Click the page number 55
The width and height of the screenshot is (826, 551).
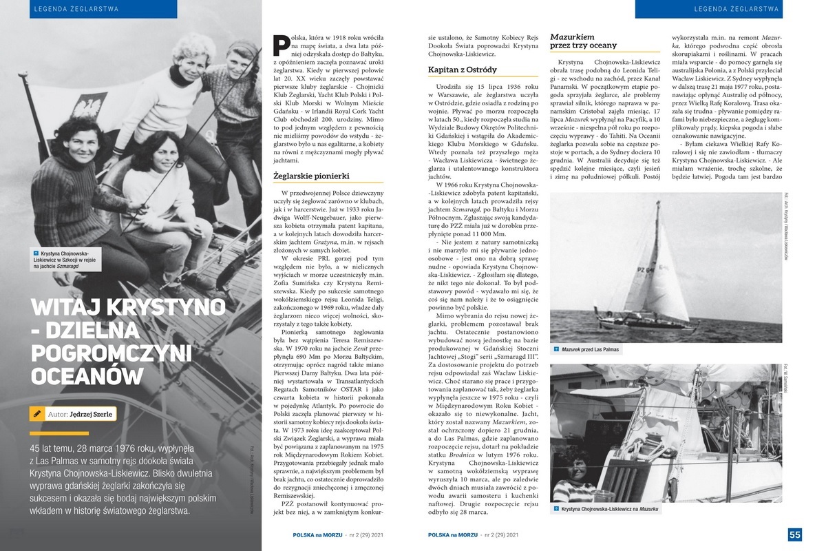click(x=795, y=535)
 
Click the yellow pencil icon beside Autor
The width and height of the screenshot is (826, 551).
click(x=36, y=414)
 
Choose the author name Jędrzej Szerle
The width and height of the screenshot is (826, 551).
click(x=92, y=415)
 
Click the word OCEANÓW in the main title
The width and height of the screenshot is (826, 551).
click(x=87, y=376)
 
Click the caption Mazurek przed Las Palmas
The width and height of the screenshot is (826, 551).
click(x=590, y=350)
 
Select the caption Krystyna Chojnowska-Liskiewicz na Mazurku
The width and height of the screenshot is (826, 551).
click(x=600, y=508)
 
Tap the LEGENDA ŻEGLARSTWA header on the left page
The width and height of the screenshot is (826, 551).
click(x=75, y=9)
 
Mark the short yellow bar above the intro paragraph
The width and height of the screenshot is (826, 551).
click(x=59, y=433)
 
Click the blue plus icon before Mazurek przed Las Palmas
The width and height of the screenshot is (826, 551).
click(x=555, y=350)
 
